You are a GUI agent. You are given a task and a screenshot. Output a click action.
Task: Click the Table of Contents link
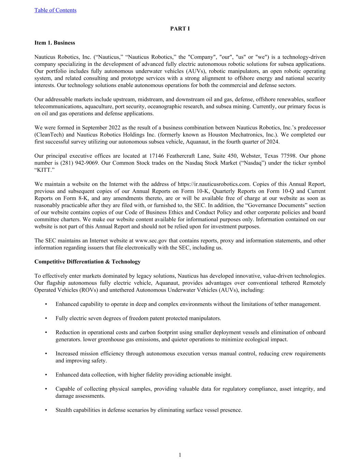tap(55, 10)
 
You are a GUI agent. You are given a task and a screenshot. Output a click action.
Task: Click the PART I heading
tap(180, 29)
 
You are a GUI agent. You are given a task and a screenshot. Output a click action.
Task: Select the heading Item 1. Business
tap(55, 43)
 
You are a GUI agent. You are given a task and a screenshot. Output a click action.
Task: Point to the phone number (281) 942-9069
tap(80, 163)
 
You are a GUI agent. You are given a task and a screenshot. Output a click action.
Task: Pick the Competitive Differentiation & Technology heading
tap(87, 262)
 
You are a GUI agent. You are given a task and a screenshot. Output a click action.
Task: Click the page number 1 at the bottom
tap(180, 455)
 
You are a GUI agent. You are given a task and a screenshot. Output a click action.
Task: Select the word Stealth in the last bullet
tap(64, 410)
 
